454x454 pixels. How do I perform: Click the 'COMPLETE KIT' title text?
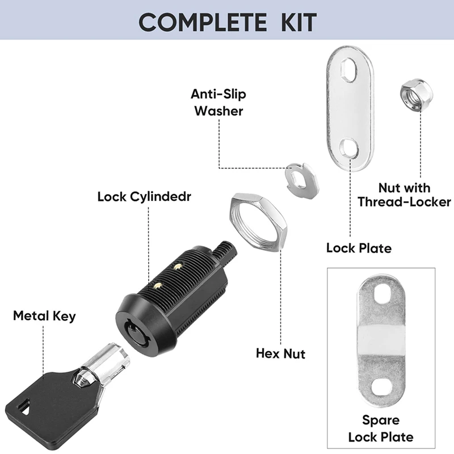pyautogui.click(x=227, y=22)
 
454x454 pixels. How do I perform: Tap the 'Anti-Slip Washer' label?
pyautogui.click(x=218, y=102)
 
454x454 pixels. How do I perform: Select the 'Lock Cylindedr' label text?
pyautogui.click(x=144, y=197)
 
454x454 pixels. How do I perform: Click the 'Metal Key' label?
pyautogui.click(x=44, y=316)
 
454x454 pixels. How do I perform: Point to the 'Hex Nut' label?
pyautogui.click(x=280, y=354)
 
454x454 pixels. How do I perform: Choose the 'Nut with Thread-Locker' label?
pyautogui.click(x=405, y=195)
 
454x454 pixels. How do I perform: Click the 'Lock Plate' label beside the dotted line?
pyautogui.click(x=359, y=248)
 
